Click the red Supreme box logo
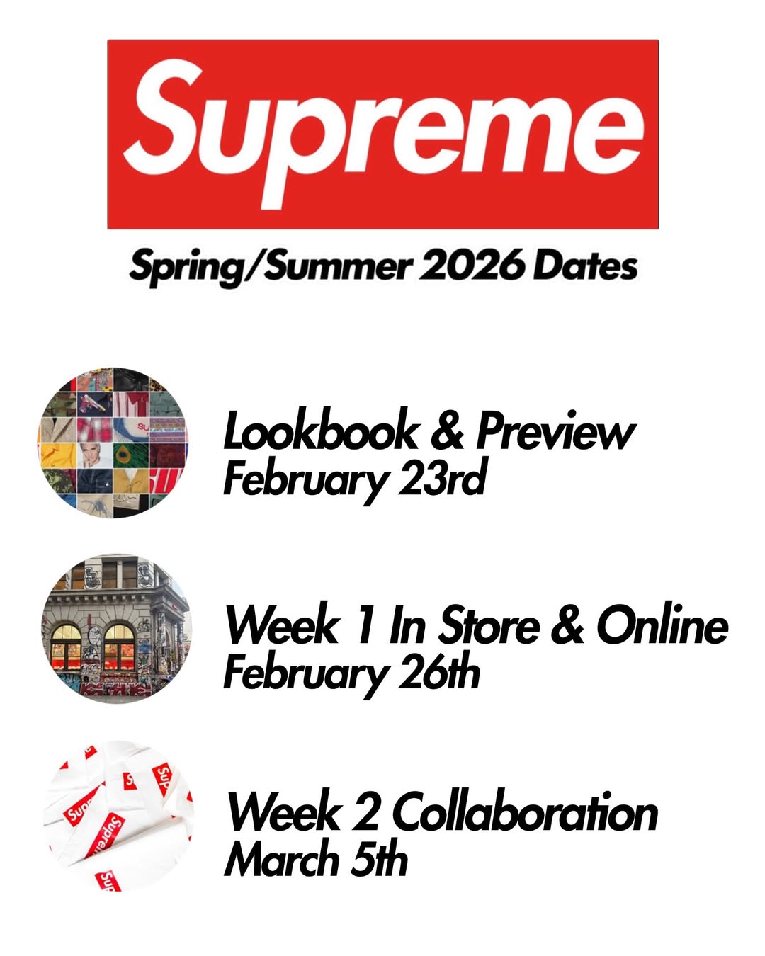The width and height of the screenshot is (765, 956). [x=382, y=135]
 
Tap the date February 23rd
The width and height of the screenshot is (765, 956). [x=354, y=479]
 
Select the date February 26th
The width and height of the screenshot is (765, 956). [x=351, y=673]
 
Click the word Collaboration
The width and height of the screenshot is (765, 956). [x=525, y=812]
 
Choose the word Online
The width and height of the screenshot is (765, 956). [x=662, y=625]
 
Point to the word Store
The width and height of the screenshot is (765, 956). [x=489, y=625]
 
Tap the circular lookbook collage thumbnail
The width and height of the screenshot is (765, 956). [x=113, y=443]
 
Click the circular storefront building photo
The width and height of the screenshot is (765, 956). [x=117, y=629]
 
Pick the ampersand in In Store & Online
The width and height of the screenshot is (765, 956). [x=567, y=625]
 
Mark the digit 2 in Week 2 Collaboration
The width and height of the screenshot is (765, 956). [x=366, y=812]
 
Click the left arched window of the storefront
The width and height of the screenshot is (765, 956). [x=66, y=647]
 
